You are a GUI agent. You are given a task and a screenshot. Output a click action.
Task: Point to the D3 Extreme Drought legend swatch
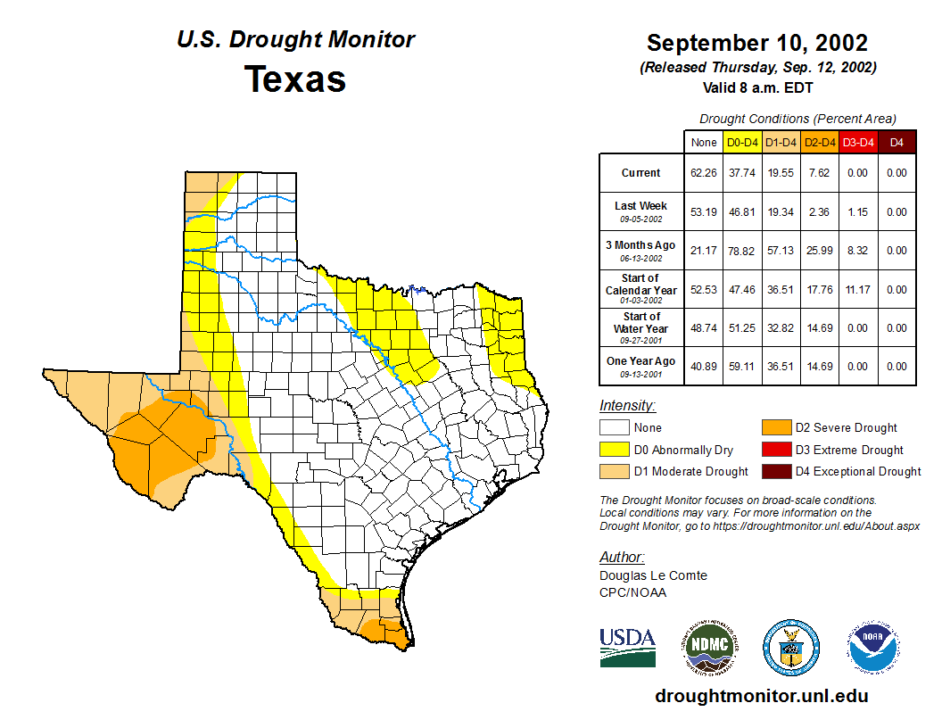776,450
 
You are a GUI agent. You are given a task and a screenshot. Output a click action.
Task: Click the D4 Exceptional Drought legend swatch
776,471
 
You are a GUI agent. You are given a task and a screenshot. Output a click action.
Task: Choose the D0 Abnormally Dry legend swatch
615,450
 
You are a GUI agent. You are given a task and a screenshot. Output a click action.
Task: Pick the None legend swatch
615,428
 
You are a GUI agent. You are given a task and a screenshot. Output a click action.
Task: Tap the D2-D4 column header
819,142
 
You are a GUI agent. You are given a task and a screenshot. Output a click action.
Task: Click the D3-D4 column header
857,142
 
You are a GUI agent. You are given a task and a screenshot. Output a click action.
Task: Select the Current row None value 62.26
704,173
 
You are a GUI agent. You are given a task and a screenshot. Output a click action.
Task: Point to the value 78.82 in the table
742,251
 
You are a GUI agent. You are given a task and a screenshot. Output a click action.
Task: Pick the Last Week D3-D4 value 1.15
857,212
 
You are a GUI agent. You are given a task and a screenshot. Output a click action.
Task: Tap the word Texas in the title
295,79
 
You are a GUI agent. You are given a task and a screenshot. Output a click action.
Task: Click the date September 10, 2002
757,43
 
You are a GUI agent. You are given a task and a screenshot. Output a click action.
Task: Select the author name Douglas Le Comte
653,575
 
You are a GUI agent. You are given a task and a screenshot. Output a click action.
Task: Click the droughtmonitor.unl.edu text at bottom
761,696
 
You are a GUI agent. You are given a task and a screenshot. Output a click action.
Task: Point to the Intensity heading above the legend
627,406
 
